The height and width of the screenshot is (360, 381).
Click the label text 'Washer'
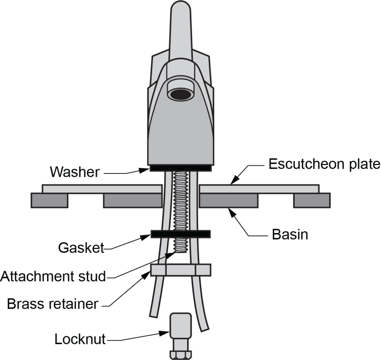point(75,172)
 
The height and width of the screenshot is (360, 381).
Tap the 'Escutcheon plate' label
point(324,164)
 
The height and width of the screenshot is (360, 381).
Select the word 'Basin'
point(290,235)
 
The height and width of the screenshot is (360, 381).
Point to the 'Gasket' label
point(81,248)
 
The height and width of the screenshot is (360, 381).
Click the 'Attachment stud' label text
point(53,277)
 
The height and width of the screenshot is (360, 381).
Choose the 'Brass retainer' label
point(52,304)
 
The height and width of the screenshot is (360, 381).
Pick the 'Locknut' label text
point(80,339)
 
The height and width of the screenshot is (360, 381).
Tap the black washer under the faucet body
point(180,169)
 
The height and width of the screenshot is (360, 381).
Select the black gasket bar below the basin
point(180,234)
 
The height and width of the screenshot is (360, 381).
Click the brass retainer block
point(181,270)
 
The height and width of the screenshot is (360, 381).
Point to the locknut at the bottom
point(180,329)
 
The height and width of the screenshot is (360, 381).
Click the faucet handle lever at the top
point(180,30)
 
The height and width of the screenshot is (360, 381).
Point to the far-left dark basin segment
point(49,200)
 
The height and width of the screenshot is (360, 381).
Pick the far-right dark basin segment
point(311,200)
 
